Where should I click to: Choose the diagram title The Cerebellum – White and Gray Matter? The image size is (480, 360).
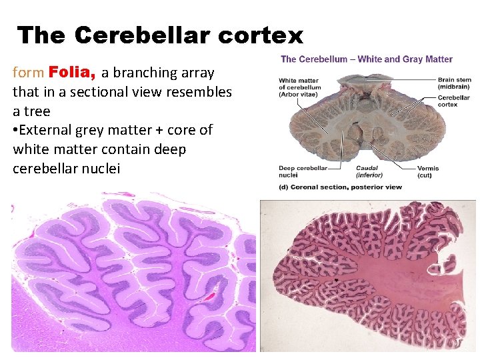coord(367,59)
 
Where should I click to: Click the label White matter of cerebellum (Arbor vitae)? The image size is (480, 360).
coord(300,87)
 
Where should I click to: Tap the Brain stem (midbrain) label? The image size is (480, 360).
coord(454,83)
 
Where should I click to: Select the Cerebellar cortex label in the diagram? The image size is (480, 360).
coord(453,101)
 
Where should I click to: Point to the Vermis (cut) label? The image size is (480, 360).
coord(428,171)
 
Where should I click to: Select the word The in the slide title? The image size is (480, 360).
coord(41,35)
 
